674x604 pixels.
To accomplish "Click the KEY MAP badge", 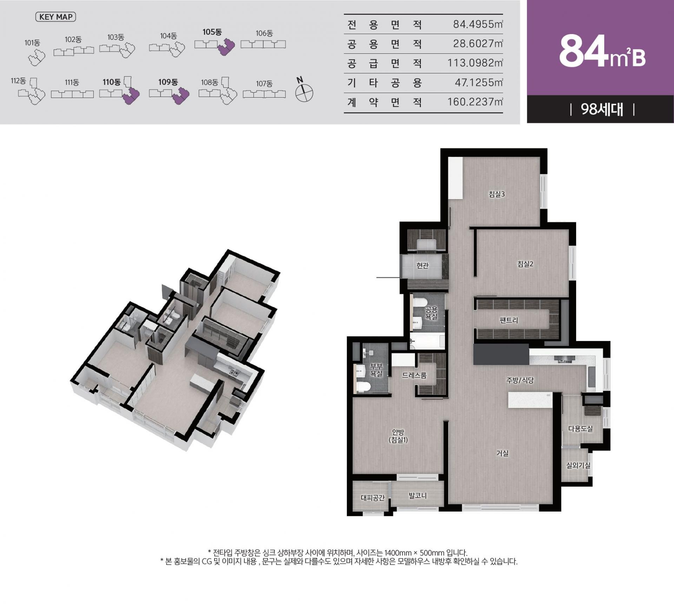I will pos(55,17).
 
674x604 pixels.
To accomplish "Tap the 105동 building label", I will pos(212,32).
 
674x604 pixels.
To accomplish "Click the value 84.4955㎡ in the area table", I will pos(478,24).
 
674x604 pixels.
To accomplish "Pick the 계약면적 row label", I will pos(384,102).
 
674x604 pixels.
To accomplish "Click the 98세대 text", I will pos(602,110).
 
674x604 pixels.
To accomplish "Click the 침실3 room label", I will pos(497,194).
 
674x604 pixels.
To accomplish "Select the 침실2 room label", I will pos(525,264).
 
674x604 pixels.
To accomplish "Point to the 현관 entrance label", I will pos(423,265).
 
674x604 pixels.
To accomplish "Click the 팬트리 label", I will pos(509,320).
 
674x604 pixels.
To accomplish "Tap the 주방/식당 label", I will pos(520,380).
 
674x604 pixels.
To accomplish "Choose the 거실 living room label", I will pos(502,453).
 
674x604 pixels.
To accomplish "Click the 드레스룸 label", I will pos(414,375).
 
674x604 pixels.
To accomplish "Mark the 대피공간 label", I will pos(373,498).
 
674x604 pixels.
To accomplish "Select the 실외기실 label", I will pos(578,465).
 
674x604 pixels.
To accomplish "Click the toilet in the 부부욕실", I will pos(363,387).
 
